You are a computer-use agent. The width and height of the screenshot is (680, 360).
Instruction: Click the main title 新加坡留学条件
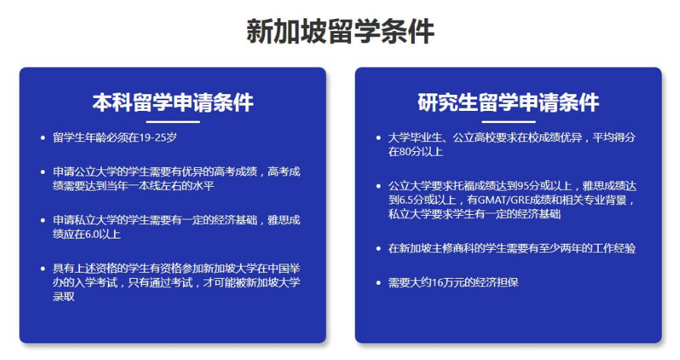[x=340, y=31]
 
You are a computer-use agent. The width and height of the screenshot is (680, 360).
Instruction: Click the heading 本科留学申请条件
[x=172, y=103]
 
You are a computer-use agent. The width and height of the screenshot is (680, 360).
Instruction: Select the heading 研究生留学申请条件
[x=508, y=103]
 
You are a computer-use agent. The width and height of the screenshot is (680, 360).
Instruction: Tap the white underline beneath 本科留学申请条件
[x=172, y=122]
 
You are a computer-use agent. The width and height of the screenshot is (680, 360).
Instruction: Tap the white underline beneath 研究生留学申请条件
[x=508, y=122]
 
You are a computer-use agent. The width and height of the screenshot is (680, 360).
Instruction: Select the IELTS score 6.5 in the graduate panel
[x=406, y=200]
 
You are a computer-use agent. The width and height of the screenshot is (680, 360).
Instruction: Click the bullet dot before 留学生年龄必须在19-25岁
[x=43, y=138]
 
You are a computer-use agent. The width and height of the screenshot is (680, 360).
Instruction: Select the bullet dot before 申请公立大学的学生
[x=43, y=172]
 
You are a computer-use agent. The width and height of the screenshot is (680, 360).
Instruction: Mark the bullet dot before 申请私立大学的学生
[x=43, y=221]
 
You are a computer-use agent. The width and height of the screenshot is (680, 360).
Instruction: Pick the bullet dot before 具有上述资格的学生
[x=43, y=269]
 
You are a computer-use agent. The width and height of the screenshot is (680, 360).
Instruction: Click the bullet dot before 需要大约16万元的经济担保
[x=378, y=283]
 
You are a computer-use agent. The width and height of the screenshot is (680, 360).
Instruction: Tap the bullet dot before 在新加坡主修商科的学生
[x=378, y=248]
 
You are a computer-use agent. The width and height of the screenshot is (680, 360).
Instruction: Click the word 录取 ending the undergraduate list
[x=63, y=297]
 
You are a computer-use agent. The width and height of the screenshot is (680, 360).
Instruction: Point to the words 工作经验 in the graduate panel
[x=614, y=248]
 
